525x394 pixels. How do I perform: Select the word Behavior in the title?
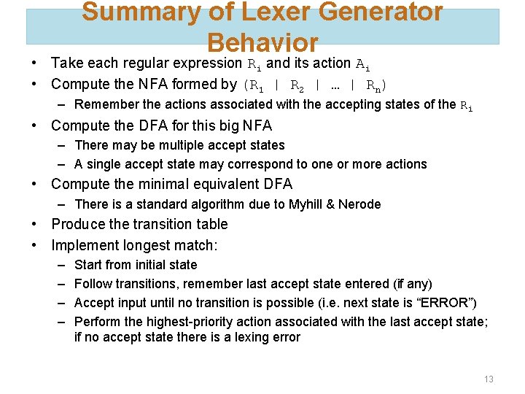[262, 42]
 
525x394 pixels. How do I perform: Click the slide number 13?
[489, 379]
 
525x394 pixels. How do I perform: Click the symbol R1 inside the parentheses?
[257, 85]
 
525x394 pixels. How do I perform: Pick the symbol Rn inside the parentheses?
[373, 85]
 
